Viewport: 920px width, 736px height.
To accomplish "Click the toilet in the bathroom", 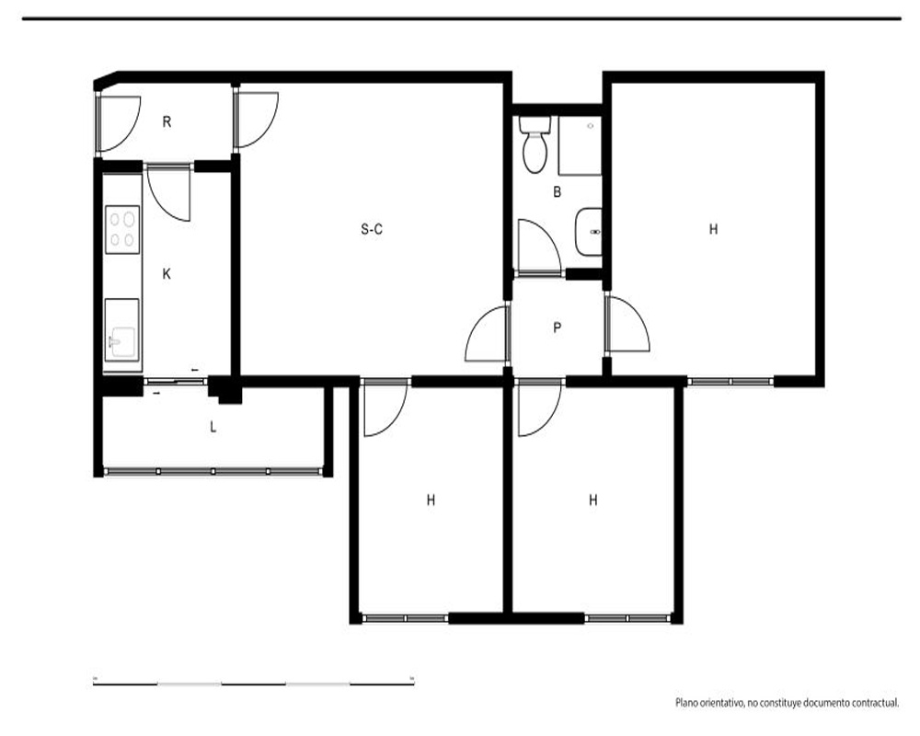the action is click(x=535, y=144).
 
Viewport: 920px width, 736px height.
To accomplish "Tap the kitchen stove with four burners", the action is click(x=122, y=229).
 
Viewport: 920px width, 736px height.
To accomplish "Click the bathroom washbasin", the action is click(x=589, y=232).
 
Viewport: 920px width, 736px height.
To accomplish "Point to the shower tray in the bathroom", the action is click(x=580, y=145).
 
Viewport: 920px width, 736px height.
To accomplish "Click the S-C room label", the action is click(x=372, y=229).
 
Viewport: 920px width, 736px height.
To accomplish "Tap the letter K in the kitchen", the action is click(x=167, y=273).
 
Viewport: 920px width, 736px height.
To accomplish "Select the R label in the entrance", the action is click(x=167, y=122).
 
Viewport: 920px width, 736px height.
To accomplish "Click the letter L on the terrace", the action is click(x=213, y=427).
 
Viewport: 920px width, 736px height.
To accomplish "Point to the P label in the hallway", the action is click(x=558, y=328).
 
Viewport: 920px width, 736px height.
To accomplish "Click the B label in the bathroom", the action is click(x=558, y=191).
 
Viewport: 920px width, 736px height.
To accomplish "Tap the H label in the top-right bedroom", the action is click(x=714, y=229).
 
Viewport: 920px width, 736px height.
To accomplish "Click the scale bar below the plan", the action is click(x=254, y=683).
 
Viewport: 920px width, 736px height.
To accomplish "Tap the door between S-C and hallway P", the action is click(x=487, y=334).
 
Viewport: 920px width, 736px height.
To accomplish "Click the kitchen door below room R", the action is click(x=169, y=194).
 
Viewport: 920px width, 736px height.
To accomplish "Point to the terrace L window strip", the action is click(x=213, y=471).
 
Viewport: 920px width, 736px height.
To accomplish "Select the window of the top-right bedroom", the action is click(x=730, y=382).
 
